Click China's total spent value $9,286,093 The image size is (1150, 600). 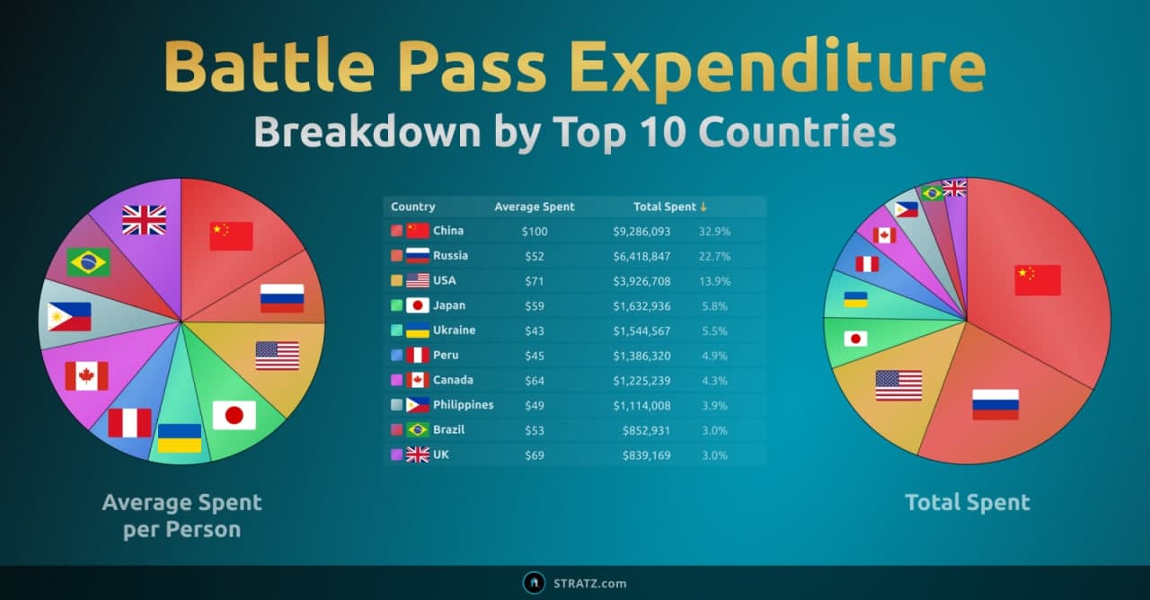coord(641,231)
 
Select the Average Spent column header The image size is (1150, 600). coord(534,207)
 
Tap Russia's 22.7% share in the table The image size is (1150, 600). coord(714,256)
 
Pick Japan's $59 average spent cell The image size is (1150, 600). coord(534,305)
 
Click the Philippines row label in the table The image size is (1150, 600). coord(463,405)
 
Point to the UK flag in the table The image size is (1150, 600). coord(418,455)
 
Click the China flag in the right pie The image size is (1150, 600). coord(1038,279)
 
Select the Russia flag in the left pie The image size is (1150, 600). coord(282,297)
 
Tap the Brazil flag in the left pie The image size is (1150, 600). coord(88,261)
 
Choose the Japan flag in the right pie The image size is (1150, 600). coord(855,339)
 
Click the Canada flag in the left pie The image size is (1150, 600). coord(86,375)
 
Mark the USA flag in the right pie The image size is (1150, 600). coord(898,384)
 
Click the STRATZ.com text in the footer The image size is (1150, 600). coord(589,583)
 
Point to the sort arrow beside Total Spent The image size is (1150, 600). coord(703,207)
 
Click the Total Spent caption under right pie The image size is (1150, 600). coord(968,502)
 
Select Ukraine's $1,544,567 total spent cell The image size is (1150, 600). coord(641,331)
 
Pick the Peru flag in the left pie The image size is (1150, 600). coord(129,422)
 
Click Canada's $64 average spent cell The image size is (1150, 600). coord(534,380)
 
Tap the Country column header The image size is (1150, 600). coord(413,207)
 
